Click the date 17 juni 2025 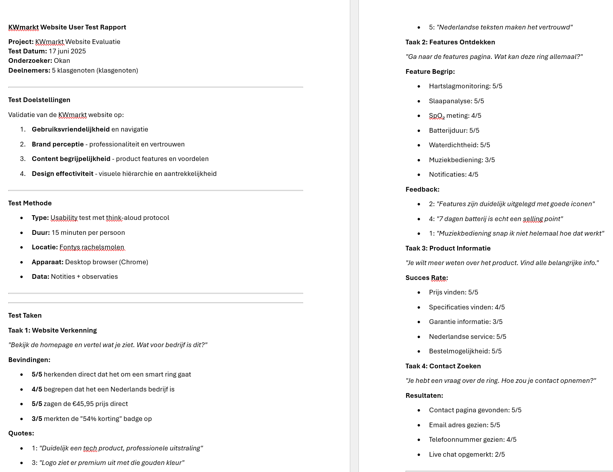coord(67,51)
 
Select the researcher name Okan coord(62,60)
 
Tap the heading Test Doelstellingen coord(39,100)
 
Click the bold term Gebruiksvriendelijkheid coord(71,129)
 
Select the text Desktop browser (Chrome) coord(106,262)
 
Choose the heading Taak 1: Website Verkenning coord(53,330)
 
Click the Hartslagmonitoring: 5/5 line coord(466,86)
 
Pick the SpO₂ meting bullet coord(455,115)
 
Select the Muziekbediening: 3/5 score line coord(462,160)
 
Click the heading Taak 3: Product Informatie coord(448,248)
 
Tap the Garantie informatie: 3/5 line coord(466,322)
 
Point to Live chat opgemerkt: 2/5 coord(467,454)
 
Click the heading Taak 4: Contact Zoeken coord(443,366)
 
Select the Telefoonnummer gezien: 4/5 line coord(473,439)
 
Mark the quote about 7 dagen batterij coord(499,219)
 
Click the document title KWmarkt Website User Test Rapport coord(67,27)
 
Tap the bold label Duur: coord(41,232)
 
